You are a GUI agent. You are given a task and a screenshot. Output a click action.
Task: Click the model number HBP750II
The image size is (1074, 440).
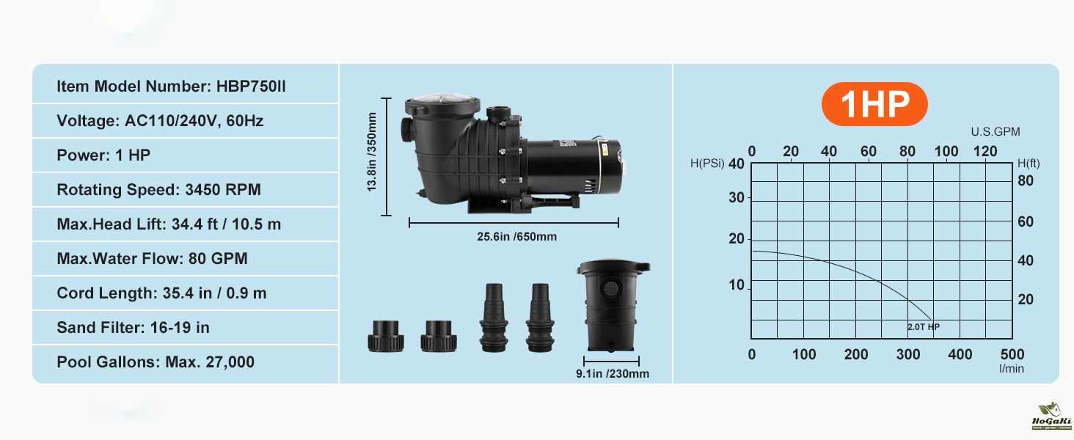251,87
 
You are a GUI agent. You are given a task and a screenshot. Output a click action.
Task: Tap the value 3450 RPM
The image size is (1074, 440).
223,190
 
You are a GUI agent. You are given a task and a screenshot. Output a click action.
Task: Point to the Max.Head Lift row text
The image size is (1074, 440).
169,224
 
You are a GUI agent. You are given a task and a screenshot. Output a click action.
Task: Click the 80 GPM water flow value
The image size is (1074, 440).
218,259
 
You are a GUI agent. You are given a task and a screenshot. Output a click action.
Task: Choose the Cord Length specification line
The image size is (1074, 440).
161,293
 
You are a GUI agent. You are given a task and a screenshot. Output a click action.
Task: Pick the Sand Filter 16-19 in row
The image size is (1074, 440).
134,328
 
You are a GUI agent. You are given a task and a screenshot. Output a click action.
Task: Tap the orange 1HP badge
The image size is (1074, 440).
874,104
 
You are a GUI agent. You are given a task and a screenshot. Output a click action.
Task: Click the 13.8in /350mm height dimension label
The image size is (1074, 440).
372,152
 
